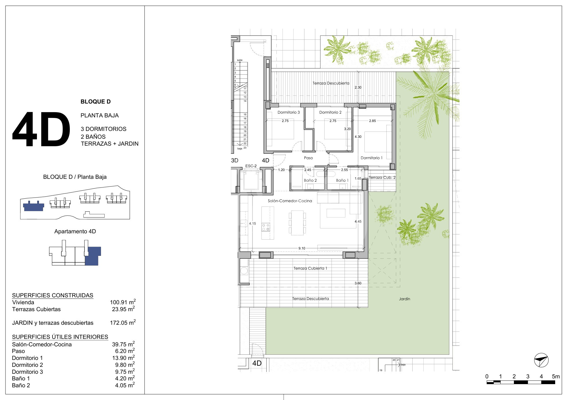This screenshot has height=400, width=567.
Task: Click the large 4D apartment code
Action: [41, 129]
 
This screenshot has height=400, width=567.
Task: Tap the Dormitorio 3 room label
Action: [289, 112]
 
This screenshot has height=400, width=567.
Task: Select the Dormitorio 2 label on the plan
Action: [330, 112]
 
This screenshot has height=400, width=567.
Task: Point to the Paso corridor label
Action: [308, 158]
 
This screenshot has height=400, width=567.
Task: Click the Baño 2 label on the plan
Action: [310, 180]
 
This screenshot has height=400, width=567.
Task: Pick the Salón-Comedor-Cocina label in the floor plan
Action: [290, 201]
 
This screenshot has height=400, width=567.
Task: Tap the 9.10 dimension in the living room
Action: [302, 248]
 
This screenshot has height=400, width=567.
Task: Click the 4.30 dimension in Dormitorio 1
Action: [358, 137]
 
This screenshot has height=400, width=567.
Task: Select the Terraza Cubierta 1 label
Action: [310, 268]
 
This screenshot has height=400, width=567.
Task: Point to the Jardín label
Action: [405, 299]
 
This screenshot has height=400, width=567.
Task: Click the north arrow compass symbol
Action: [541, 360]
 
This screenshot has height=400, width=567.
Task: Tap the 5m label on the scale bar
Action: [556, 376]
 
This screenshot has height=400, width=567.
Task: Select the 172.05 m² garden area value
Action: [123, 322]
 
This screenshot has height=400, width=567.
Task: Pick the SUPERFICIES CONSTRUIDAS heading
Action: [53, 295]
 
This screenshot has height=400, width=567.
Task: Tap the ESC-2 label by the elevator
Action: [251, 166]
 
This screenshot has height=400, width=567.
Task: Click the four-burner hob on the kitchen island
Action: [266, 227]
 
